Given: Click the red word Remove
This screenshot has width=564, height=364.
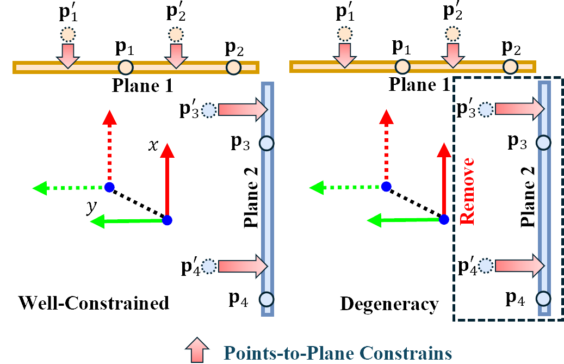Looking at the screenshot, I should click(468, 191).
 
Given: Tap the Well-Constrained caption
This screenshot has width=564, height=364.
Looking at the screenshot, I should click(94, 303).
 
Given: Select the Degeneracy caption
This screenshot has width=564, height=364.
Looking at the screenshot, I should click(389, 304).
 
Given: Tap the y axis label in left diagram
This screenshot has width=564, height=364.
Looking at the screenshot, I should click(86, 208).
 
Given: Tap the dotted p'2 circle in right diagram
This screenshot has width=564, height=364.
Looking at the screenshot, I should click(451, 34).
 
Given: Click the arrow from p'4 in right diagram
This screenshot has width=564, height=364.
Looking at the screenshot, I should click(519, 265).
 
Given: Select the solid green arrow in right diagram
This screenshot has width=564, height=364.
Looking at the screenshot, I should click(404, 220).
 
